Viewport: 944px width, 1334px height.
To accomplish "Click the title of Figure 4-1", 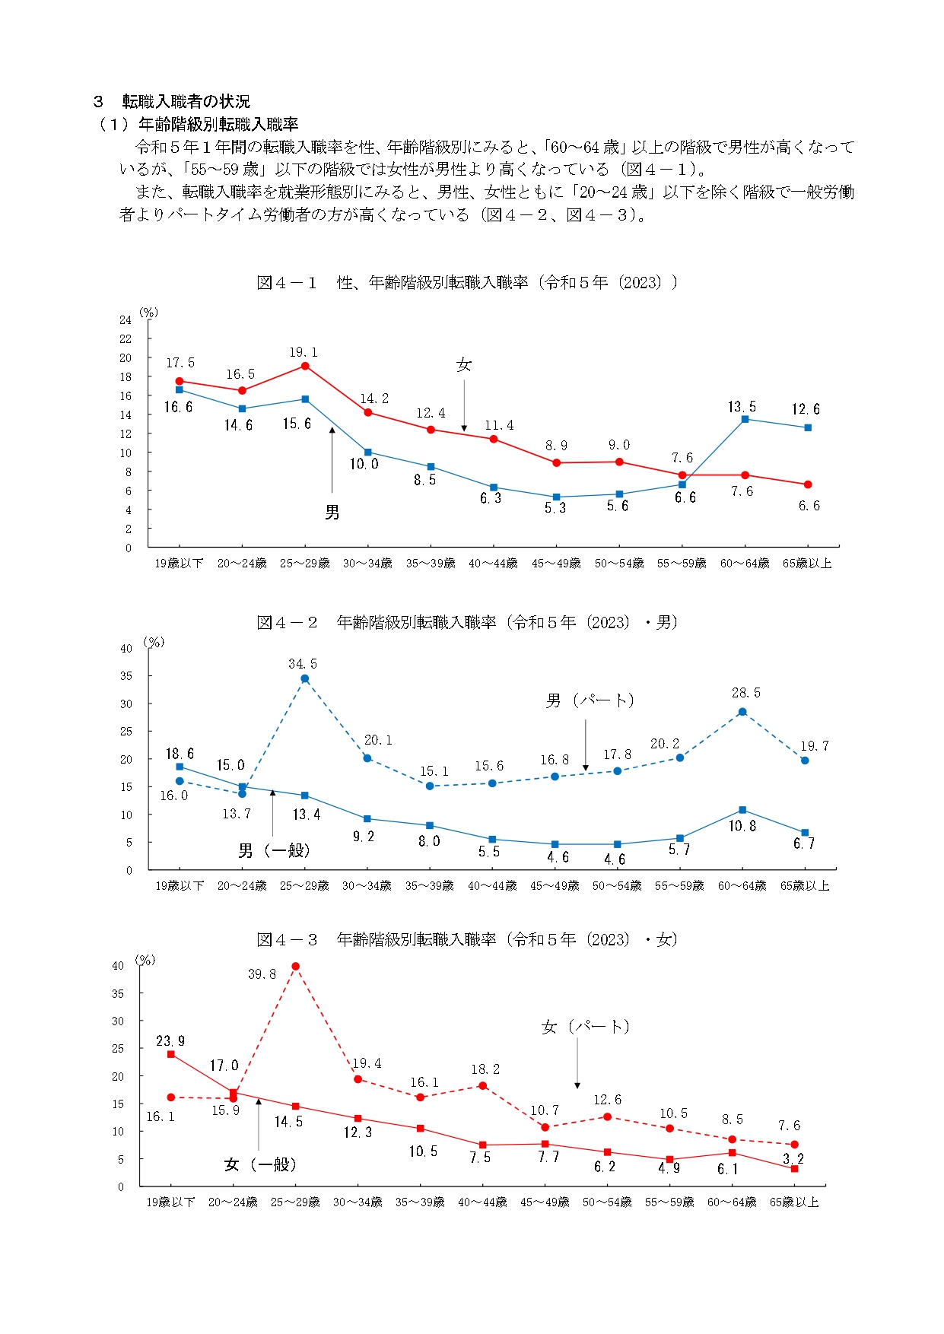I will coord(466,283).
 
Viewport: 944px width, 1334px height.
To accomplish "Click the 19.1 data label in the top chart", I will coord(304,352).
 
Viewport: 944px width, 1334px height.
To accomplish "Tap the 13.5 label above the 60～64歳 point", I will coord(742,407).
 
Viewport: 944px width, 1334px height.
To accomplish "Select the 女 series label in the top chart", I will coord(464,365).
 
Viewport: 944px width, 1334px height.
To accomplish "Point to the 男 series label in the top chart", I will coord(332,513).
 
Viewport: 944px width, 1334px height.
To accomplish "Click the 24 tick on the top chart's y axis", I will coord(126,320).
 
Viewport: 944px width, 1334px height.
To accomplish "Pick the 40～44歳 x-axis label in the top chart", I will coord(493,564).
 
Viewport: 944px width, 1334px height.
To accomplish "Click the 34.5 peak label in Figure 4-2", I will coord(303,664).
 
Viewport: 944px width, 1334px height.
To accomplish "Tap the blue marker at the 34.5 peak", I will coord(304,679).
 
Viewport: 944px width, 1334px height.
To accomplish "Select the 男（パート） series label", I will coord(590,700).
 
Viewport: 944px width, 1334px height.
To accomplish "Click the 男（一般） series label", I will coord(274,850).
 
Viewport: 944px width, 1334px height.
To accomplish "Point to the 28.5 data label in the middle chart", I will coord(745,693).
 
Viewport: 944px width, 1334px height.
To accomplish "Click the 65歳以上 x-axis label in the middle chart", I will coord(805,886).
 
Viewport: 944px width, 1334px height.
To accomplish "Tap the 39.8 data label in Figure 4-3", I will coord(262,974).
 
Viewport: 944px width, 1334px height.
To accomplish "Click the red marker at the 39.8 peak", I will coord(295,967).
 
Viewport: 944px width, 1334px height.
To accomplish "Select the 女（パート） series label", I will coord(586,1027).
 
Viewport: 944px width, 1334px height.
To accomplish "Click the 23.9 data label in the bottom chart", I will coord(170,1041).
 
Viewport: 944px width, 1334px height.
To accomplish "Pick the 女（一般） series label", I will coord(260,1164).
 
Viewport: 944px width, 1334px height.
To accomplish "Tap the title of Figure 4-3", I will coord(466,940).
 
